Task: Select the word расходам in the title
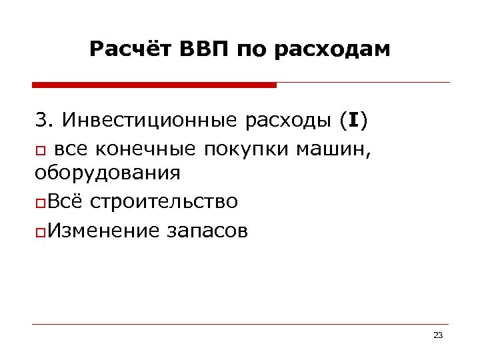(x=335, y=50)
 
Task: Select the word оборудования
(x=107, y=174)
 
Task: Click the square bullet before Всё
(x=39, y=203)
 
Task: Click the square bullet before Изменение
(x=39, y=231)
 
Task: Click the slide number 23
(x=437, y=335)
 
